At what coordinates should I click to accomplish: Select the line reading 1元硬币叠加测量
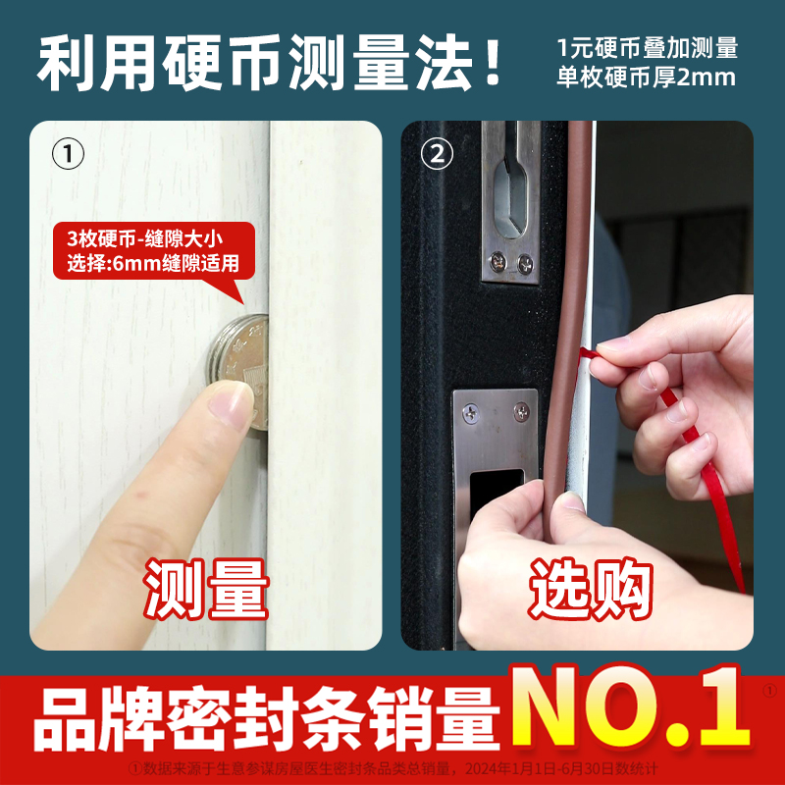(647, 47)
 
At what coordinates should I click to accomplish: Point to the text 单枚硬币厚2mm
(647, 77)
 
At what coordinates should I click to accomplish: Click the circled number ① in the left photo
(68, 154)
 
